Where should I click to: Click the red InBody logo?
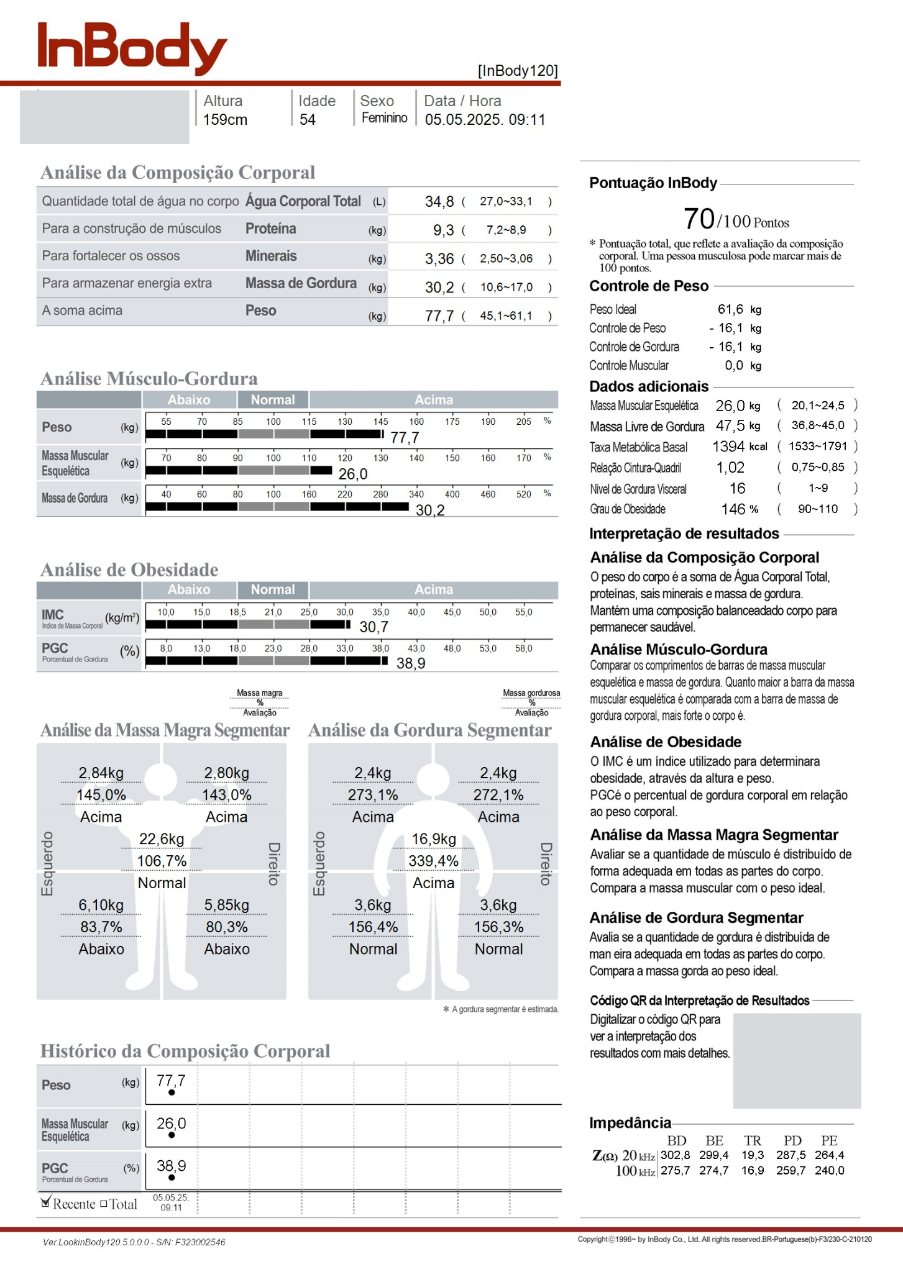click(x=132, y=47)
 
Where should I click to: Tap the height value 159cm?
click(x=225, y=120)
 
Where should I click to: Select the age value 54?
click(x=307, y=120)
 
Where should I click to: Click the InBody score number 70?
click(x=699, y=219)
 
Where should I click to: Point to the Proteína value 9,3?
click(x=443, y=230)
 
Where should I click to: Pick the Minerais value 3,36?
click(x=439, y=258)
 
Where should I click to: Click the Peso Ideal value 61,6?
click(x=730, y=309)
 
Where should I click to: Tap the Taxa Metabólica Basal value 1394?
click(x=728, y=447)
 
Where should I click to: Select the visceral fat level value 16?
click(x=737, y=488)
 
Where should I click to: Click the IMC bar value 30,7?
click(x=374, y=627)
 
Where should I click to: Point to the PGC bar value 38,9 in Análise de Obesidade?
click(x=411, y=663)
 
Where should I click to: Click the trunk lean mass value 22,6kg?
click(x=162, y=839)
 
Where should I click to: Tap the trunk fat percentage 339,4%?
click(x=433, y=861)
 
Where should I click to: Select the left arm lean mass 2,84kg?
click(x=101, y=773)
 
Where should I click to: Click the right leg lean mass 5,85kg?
click(x=226, y=905)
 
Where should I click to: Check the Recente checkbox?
click(x=45, y=1202)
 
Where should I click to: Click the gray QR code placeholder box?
click(x=797, y=1060)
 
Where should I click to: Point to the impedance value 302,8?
click(x=675, y=1155)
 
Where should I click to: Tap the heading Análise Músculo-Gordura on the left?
click(x=149, y=378)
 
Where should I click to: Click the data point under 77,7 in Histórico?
click(x=172, y=1093)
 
